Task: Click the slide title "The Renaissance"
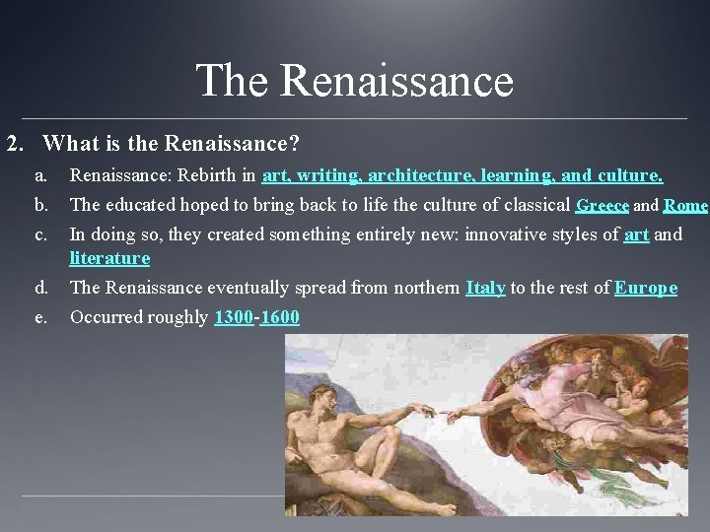point(355,80)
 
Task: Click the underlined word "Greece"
point(603,206)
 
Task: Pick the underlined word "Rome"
point(686,206)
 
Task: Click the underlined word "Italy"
point(485,288)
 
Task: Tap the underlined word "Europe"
point(646,288)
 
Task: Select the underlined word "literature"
point(109,258)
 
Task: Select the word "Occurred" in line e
point(104,317)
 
